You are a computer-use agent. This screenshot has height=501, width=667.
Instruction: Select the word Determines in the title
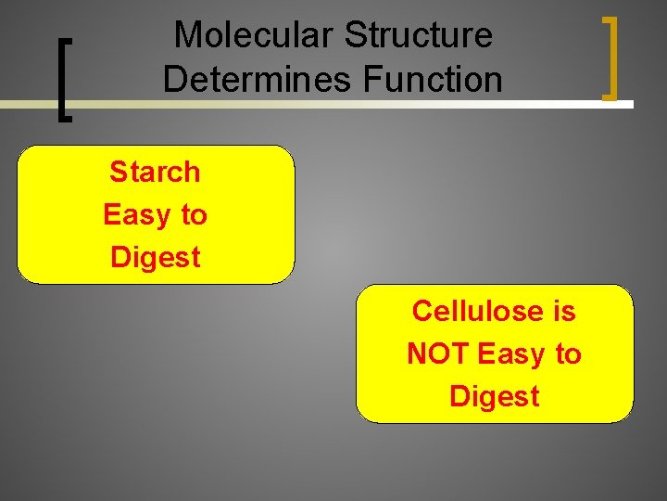(258, 79)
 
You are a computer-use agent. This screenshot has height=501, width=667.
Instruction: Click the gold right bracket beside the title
(610, 58)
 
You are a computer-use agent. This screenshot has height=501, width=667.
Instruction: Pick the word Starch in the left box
(155, 172)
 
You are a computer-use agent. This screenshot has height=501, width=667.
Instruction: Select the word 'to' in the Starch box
(194, 214)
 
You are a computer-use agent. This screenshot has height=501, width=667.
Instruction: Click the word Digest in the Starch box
(155, 257)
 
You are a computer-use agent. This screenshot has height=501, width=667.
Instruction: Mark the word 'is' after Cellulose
(564, 311)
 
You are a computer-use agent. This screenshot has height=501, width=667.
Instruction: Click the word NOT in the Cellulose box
(438, 353)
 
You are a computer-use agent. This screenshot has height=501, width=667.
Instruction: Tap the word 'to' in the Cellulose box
(568, 353)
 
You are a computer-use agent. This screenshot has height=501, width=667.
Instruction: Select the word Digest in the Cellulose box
(494, 396)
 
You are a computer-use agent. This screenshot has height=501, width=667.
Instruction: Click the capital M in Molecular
(188, 35)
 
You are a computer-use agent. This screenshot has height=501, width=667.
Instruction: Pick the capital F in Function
(373, 79)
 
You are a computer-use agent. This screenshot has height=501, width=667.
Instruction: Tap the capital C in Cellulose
(422, 311)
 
